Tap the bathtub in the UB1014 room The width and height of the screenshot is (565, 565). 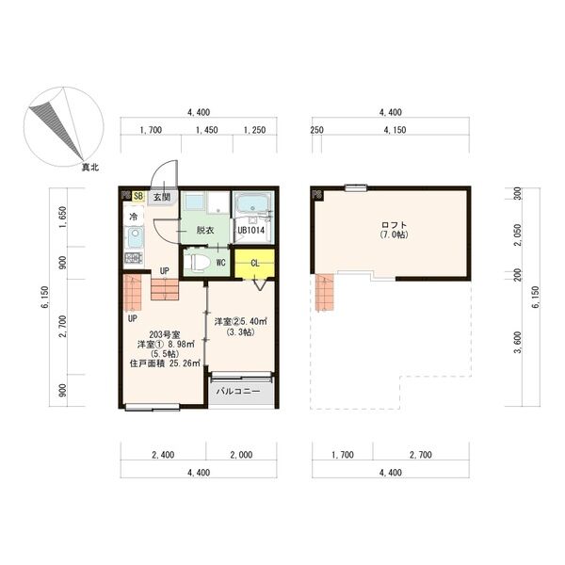coord(252,204)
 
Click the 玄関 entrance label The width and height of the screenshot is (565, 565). coord(162,197)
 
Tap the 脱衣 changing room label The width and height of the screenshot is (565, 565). coord(205,230)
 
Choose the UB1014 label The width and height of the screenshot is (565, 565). coord(252,230)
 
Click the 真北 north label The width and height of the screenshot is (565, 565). coord(90,168)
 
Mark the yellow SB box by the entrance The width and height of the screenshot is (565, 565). coord(137,197)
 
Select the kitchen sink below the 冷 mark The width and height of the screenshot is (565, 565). coord(134,236)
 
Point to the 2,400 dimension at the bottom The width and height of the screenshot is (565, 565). coord(162,455)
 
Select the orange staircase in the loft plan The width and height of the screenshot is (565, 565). coord(325,292)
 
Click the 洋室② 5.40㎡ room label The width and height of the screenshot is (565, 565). coord(240,322)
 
